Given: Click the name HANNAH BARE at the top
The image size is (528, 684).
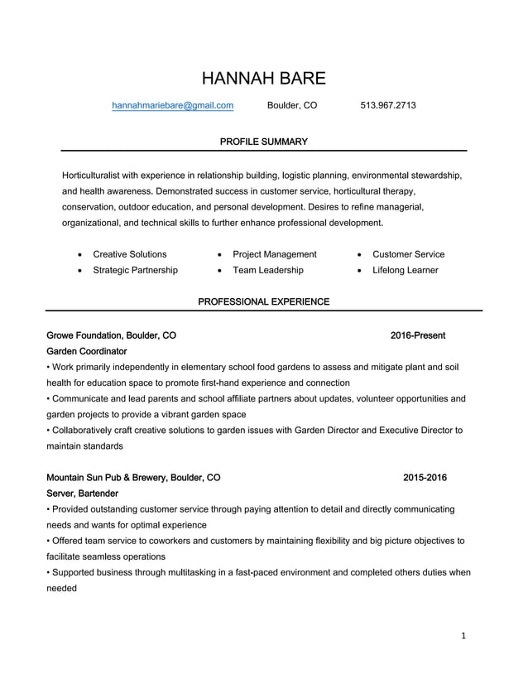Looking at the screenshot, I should (x=264, y=79).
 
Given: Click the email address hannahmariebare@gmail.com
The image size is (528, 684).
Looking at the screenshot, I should (x=173, y=106).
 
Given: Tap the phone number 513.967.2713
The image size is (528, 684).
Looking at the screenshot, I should (x=388, y=106).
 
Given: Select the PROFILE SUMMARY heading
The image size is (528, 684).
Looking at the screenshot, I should (x=264, y=142).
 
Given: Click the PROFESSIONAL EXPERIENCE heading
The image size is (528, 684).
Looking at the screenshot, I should (x=264, y=301).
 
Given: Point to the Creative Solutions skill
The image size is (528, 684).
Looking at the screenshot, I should (x=130, y=254).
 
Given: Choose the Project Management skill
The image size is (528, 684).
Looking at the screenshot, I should (x=275, y=254).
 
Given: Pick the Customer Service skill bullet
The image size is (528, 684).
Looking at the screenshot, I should (x=409, y=254).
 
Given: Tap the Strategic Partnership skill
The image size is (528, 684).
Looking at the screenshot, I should (x=136, y=270).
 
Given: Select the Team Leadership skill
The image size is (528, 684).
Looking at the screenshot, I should (x=268, y=270).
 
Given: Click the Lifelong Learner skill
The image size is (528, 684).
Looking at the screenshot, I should (x=406, y=270).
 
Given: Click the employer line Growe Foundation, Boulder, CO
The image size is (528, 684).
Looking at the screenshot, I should (x=112, y=335).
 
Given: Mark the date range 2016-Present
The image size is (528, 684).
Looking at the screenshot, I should (x=418, y=335).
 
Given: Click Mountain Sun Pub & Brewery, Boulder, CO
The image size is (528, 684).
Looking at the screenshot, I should (x=134, y=478).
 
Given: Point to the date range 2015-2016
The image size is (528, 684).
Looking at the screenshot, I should (x=425, y=478).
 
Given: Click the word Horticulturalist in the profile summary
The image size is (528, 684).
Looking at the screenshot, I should (x=98, y=176).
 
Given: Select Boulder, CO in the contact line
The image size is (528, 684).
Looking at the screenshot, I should (x=292, y=106).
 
